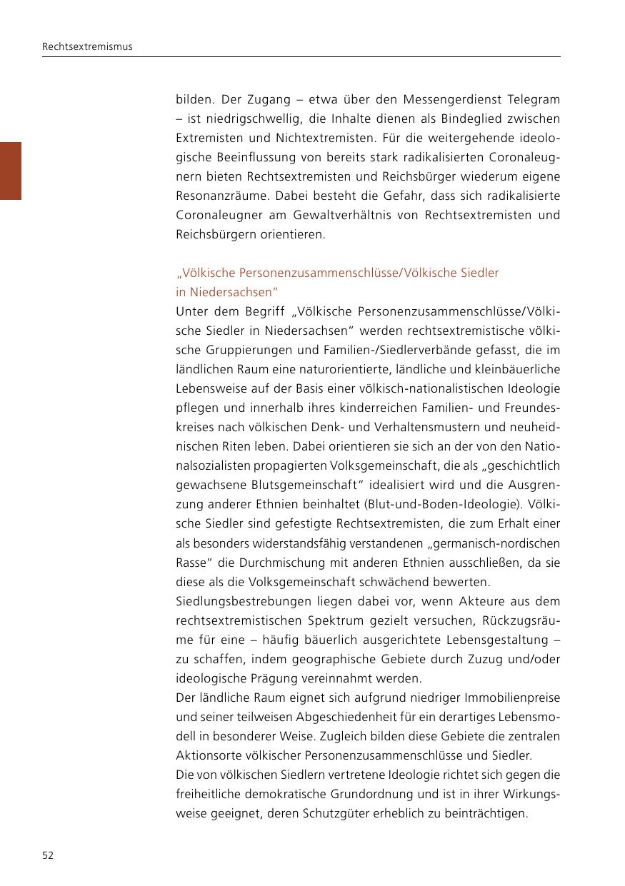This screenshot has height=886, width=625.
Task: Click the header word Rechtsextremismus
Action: [x=87, y=47]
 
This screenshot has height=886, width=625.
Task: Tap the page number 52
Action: [x=48, y=855]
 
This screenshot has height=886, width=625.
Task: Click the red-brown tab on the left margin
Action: [x=11, y=171]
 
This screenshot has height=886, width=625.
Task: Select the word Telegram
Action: [x=534, y=99]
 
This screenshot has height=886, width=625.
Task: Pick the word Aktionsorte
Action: [x=204, y=755]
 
